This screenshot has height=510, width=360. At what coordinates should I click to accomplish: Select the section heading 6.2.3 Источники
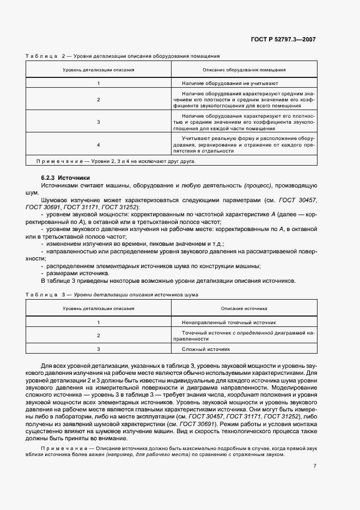tap(65, 178)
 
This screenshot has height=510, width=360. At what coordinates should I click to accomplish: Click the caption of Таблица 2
tap(123, 56)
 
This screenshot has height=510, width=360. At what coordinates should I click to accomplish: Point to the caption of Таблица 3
tap(112, 294)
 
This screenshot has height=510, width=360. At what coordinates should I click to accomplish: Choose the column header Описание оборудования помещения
tap(244, 70)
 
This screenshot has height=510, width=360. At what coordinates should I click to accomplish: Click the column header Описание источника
tap(244, 308)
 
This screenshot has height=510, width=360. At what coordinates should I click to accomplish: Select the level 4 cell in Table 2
tap(99, 145)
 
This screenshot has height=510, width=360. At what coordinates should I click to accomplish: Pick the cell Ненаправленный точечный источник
tap(229, 322)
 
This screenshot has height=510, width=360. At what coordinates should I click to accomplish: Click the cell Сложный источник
tap(207, 349)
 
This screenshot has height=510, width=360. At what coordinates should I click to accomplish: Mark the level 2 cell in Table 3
tap(99, 335)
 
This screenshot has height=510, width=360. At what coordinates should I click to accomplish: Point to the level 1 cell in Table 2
tap(99, 83)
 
